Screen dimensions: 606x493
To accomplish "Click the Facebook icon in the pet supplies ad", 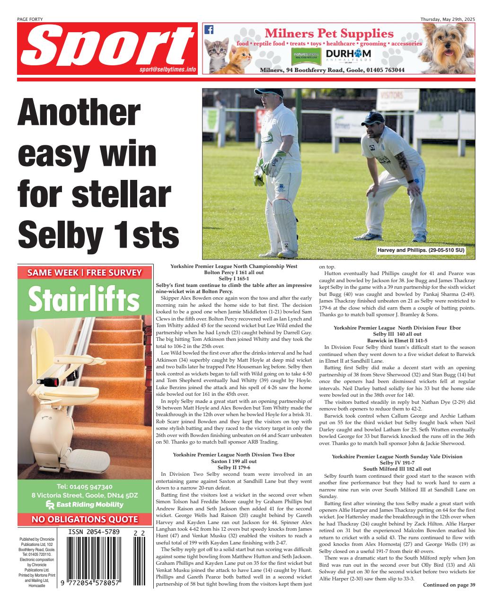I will [209, 29].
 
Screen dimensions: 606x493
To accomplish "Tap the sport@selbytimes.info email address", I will [167, 69].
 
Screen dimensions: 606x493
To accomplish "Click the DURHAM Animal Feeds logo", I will [348, 55].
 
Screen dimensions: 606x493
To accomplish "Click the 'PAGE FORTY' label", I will [29, 19].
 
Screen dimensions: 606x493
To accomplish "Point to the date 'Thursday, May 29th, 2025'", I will [448, 19].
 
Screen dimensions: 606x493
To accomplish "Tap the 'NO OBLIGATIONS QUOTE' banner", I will [85, 519].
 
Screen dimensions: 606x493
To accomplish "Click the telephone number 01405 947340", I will [85, 487].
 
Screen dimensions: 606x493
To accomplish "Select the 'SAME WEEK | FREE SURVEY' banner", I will [85, 273].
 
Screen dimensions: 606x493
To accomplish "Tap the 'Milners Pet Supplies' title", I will [329, 34].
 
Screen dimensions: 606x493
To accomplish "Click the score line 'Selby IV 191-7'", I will [397, 463].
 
